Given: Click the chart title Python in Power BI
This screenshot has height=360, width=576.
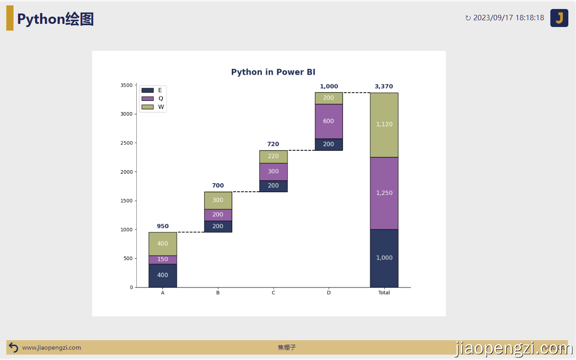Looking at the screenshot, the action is pos(273,72).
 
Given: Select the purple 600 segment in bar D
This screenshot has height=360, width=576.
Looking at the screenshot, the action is pos(328,121).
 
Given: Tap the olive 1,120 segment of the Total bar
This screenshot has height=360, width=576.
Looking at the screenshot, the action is pos(384,125).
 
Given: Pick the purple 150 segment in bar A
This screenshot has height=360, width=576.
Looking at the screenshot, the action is pos(162,260).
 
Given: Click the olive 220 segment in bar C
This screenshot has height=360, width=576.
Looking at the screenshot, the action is pos(273,157).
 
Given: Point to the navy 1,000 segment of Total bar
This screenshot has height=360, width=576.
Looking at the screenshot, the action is pos(384,258).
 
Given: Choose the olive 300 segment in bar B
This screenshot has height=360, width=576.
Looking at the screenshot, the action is pos(218,201).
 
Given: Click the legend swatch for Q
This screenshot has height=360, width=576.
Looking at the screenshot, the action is pos(148,99).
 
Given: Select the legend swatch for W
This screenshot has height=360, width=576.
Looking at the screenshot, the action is pos(148,107).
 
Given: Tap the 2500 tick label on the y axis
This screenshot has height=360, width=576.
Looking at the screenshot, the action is pos(126,143).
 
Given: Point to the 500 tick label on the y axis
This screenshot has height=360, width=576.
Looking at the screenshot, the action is pos(128,258).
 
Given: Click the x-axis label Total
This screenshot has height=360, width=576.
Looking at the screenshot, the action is pos(384,292).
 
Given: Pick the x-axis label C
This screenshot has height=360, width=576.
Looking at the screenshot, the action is pos(273,292).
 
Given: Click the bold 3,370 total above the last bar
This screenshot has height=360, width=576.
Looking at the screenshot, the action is pos(384,86).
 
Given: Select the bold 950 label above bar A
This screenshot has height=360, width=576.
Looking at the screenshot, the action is pos(162,226).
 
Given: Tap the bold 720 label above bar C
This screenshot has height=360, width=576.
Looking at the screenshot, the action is pos(273,144).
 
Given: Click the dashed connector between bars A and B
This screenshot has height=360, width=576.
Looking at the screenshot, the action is pos(190,232).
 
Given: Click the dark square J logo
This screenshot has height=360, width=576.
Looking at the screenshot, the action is pos(559,18).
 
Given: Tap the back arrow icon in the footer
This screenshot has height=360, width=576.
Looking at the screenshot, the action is pos(13,348).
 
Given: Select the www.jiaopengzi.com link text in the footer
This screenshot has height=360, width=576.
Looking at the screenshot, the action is pos(51,348).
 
